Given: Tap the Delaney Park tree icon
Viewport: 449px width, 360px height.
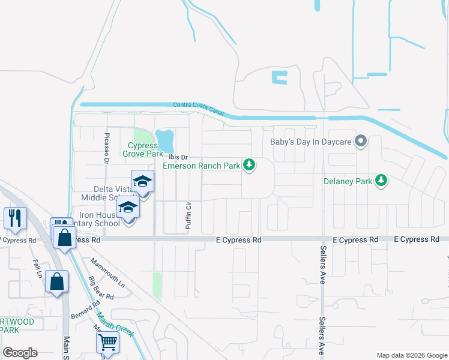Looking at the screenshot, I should coord(381,180).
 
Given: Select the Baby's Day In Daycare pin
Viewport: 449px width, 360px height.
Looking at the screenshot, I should coord(361,142).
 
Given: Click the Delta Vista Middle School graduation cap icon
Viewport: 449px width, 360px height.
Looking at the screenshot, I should coord(142,181).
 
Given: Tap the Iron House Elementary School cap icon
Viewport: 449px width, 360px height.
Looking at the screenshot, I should coord(128,208).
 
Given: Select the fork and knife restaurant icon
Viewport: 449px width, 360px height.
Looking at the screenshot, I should coord(15,217).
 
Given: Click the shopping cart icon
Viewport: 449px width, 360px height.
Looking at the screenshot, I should coord(107,341).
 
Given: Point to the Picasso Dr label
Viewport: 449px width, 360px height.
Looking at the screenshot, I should coord(106,149).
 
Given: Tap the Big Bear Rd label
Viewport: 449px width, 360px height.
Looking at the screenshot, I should coord(101,287).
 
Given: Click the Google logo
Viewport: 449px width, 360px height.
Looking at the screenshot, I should coord(20,353).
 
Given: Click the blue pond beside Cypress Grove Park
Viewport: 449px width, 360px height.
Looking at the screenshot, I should coord(164,141).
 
